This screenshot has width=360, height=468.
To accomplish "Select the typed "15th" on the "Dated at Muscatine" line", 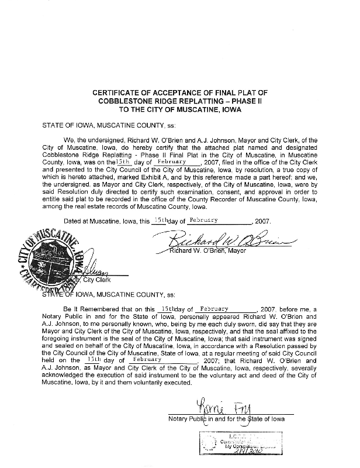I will (x=158, y=221).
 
